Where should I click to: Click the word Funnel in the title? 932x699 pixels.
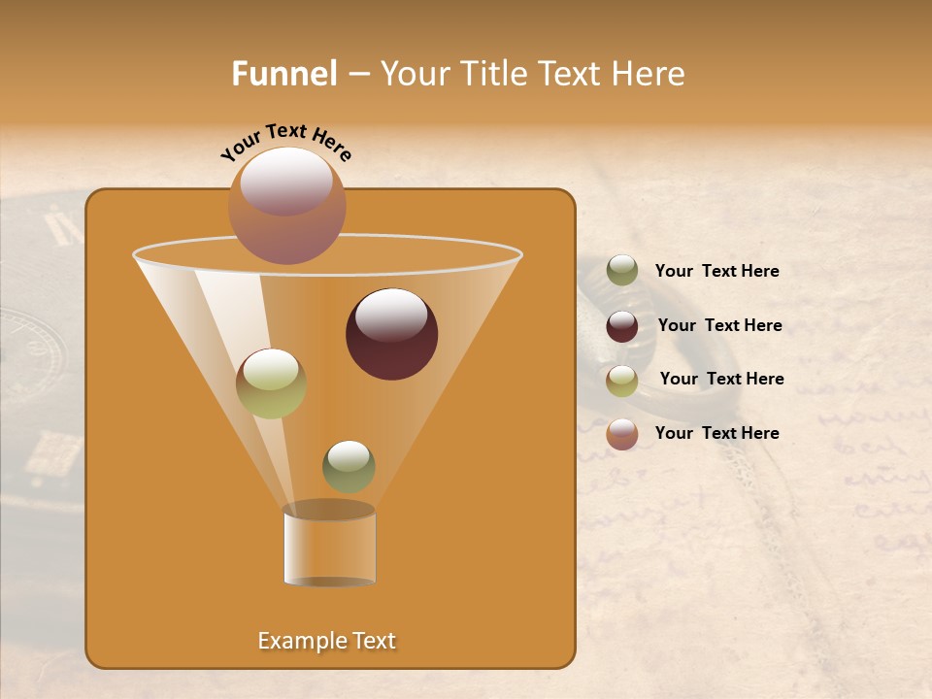click(284, 74)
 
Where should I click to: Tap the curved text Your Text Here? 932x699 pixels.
click(286, 142)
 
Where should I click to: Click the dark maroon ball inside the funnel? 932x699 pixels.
click(391, 334)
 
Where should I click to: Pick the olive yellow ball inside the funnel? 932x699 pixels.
click(271, 383)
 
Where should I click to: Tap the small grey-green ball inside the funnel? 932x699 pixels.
click(349, 466)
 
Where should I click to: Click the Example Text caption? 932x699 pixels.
click(327, 641)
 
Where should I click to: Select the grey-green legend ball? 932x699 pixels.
click(622, 271)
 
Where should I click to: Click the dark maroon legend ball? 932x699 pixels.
click(622, 326)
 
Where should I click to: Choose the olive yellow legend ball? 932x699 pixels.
click(622, 381)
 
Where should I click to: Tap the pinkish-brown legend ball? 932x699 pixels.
click(622, 434)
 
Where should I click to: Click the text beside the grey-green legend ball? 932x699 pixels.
click(716, 272)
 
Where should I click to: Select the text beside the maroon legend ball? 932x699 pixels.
click(719, 325)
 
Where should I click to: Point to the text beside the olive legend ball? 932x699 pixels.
click(721, 379)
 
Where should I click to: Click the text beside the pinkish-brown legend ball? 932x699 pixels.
click(716, 433)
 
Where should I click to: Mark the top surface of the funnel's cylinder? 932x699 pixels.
click(329, 510)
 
